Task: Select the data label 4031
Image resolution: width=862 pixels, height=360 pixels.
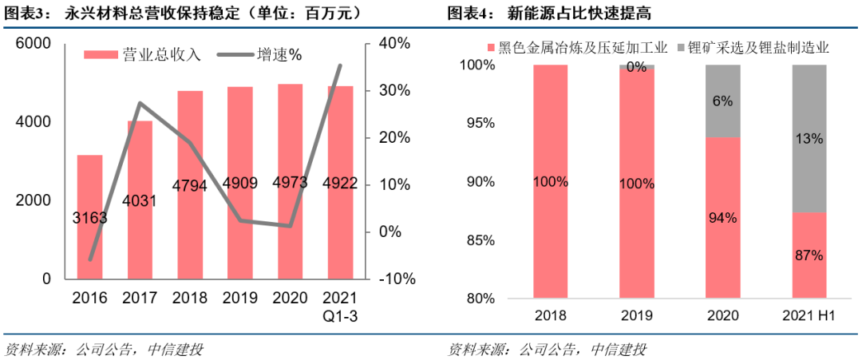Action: (140, 200)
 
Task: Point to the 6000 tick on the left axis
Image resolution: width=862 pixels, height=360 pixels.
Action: (34, 44)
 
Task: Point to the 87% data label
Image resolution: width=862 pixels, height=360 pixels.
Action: (809, 255)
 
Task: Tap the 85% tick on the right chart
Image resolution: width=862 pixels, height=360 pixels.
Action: (480, 240)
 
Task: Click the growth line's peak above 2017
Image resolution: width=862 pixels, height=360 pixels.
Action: (140, 103)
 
